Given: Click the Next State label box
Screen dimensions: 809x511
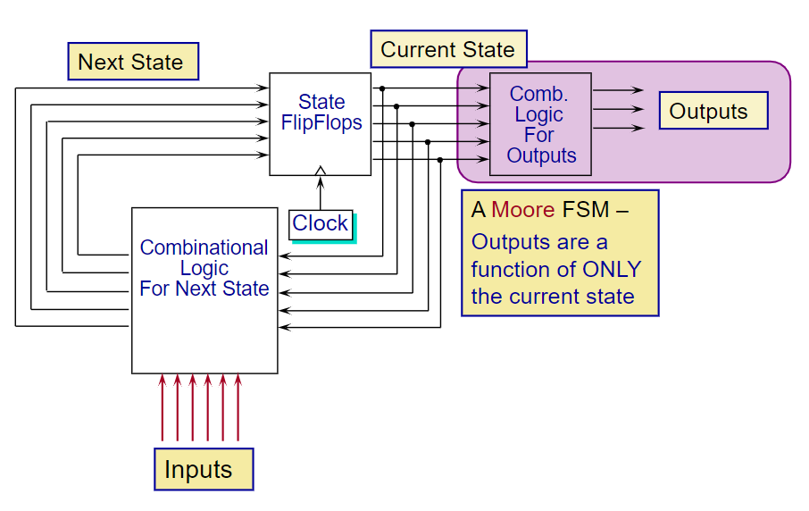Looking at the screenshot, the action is (133, 62).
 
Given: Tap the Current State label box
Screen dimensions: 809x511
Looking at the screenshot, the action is (449, 49).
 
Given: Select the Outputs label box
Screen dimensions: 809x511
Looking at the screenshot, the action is (713, 111).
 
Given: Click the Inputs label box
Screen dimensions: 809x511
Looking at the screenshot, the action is (204, 469).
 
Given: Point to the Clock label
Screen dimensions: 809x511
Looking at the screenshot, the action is (321, 224).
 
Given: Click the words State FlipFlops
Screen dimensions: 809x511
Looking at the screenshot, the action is (321, 112).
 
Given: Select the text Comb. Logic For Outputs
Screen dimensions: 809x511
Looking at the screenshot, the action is (540, 124).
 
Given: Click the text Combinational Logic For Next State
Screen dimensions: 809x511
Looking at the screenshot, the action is (204, 268).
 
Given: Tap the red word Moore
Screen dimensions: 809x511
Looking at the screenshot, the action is (522, 210).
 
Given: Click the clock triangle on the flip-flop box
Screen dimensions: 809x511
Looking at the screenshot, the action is (321, 171).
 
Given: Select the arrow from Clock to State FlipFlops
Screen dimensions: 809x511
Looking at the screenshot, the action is (321, 193).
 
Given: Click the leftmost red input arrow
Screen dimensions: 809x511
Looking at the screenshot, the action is (162, 407).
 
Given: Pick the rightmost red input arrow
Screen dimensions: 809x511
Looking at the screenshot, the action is (238, 407).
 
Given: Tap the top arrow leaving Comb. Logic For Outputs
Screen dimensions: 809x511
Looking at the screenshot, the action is (618, 90).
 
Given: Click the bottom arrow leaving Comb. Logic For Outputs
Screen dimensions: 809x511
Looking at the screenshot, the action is (618, 128).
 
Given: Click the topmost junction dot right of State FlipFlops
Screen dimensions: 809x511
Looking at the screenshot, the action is (382, 88).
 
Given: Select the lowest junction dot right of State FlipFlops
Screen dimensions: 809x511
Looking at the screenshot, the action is (440, 160).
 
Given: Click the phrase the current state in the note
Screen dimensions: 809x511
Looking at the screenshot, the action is (553, 297).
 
